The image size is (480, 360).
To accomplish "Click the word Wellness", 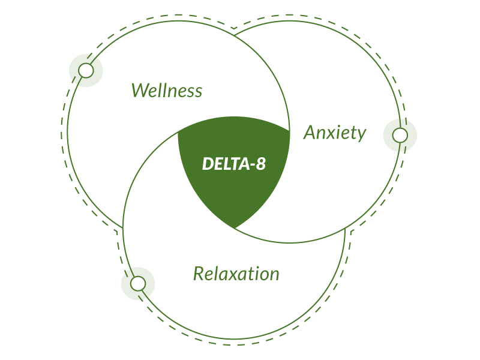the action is (x=167, y=91).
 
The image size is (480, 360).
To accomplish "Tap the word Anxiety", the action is (x=335, y=133).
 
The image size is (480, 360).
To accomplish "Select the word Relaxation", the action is (x=236, y=274).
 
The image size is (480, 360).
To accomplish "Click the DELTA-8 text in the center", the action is (x=234, y=163).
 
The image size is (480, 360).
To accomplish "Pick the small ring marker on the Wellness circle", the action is (x=86, y=70).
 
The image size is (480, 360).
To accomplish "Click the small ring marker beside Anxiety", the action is (x=400, y=135).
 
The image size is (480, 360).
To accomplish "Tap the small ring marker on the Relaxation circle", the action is (x=138, y=283).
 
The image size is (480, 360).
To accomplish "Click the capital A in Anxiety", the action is (x=310, y=132).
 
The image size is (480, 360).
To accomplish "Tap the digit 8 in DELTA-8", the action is (x=261, y=163).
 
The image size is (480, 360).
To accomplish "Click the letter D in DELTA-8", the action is (x=208, y=163).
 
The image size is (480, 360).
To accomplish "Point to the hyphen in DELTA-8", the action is (x=253, y=166).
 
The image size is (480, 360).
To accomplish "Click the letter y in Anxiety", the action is (x=362, y=135).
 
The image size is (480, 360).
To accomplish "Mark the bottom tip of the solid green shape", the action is (x=235, y=229).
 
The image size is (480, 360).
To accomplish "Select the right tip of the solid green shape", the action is (x=290, y=131).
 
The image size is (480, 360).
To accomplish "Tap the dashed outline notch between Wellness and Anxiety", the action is (x=234, y=29).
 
